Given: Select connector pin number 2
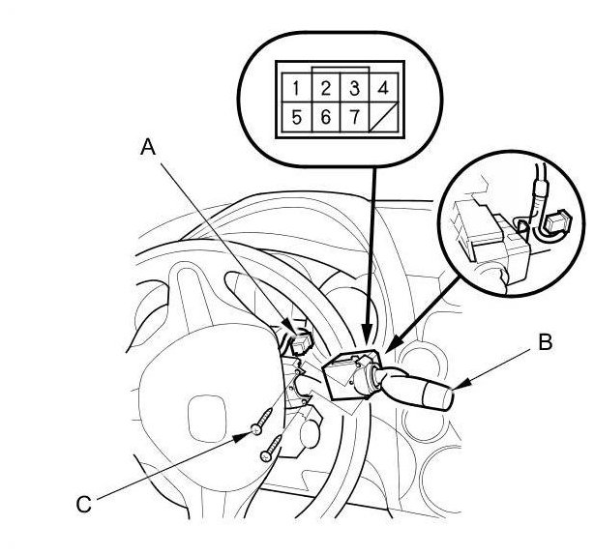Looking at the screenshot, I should (327, 88).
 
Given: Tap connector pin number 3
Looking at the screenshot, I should (355, 88).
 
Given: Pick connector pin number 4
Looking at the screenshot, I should (384, 89).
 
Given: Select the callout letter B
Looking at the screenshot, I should (546, 341).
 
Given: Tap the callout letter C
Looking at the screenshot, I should (84, 502).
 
